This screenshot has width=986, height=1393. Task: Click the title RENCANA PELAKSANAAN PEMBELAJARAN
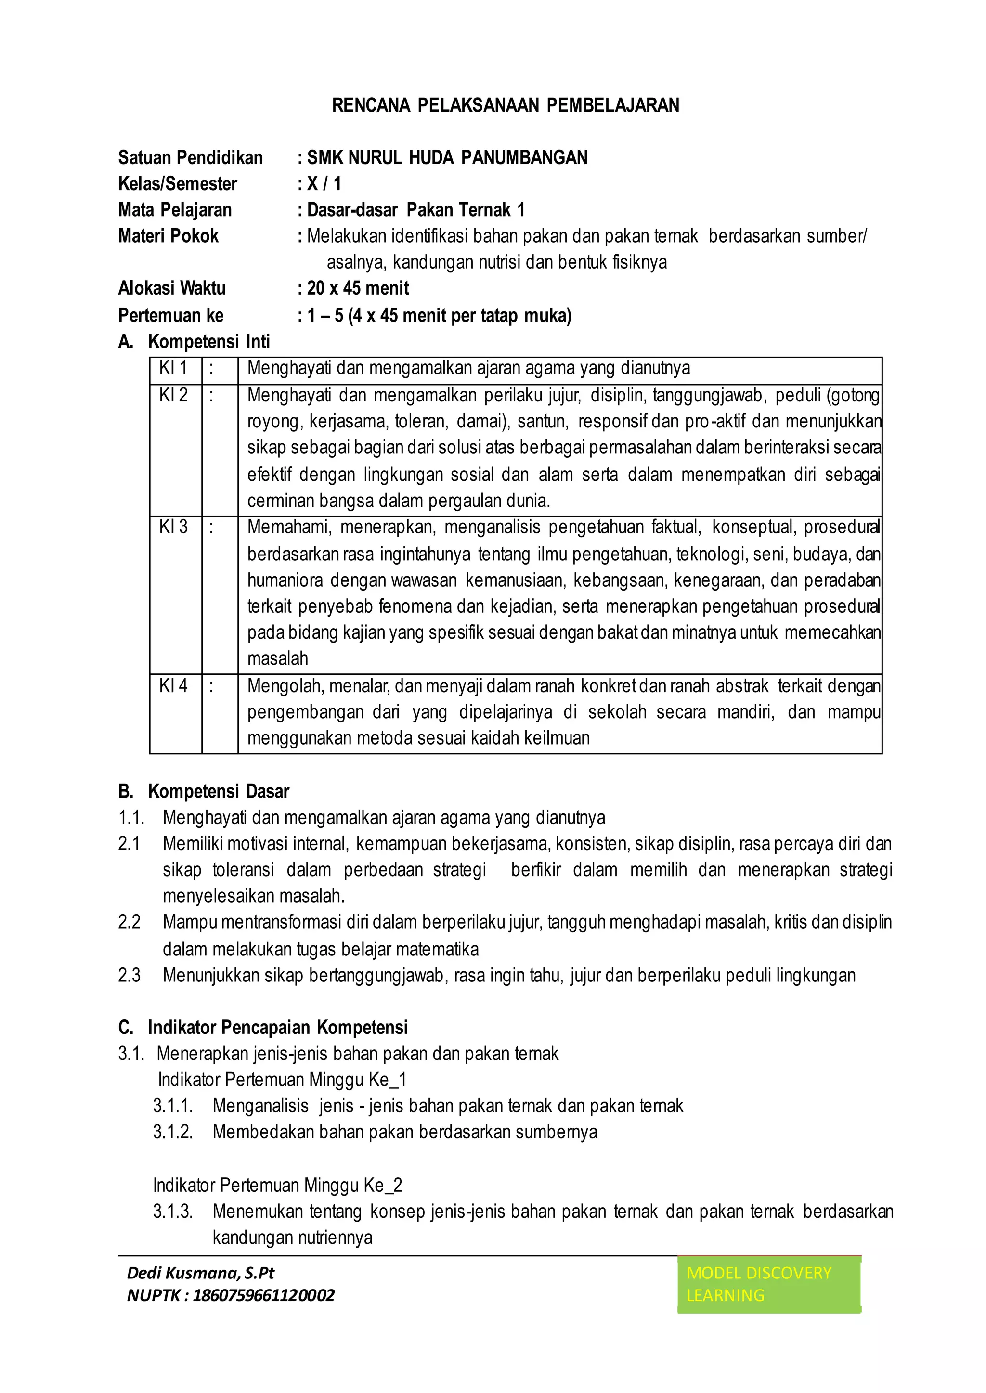(505, 105)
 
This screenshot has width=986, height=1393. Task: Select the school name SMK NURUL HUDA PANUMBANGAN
(447, 158)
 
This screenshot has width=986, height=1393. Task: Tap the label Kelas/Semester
(177, 184)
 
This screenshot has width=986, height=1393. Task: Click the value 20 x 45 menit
(358, 288)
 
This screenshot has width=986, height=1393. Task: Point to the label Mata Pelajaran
(175, 210)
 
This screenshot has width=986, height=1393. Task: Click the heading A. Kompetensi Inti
(195, 342)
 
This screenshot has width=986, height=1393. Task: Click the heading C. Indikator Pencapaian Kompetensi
(263, 1028)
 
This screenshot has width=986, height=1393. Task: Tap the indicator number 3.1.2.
(173, 1132)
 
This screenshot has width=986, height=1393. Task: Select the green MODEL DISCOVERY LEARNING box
(769, 1284)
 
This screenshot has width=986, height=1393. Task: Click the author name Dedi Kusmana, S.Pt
(200, 1273)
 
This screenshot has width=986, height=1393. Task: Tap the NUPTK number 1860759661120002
(263, 1295)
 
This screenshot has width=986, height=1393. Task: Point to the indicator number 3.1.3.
(173, 1212)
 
